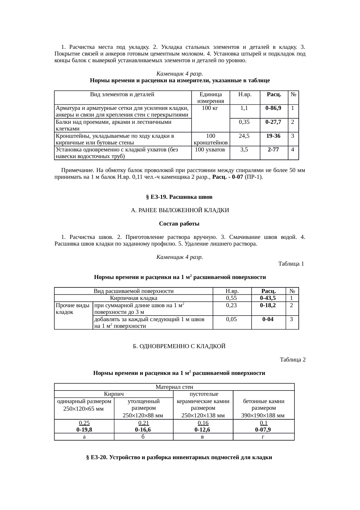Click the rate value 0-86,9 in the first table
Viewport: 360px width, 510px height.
pyautogui.click(x=273, y=108)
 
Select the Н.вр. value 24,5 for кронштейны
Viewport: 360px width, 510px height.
pyautogui.click(x=244, y=136)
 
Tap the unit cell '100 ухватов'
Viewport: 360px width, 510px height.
pyautogui.click(x=210, y=150)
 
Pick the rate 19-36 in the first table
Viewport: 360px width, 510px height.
pyautogui.click(x=273, y=136)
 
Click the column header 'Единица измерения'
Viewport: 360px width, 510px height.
pyautogui.click(x=210, y=98)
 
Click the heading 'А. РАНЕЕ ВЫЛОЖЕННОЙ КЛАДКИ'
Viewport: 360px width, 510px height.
pyautogui.click(x=180, y=210)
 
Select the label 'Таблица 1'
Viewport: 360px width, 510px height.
pyautogui.click(x=291, y=264)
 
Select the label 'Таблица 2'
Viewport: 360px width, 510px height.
pyautogui.click(x=292, y=360)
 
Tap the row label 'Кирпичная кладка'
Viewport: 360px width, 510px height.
pyautogui.click(x=134, y=298)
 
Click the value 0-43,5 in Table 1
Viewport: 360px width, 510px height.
pyautogui.click(x=268, y=298)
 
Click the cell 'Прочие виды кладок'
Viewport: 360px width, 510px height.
pyautogui.click(x=73, y=309)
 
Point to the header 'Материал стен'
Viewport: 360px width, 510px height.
pyautogui.click(x=174, y=387)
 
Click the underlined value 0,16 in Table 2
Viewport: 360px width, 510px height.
pyautogui.click(x=203, y=423)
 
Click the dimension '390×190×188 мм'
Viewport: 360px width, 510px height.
pyautogui.click(x=263, y=416)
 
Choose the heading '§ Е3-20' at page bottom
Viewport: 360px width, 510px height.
pyautogui.click(x=179, y=457)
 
